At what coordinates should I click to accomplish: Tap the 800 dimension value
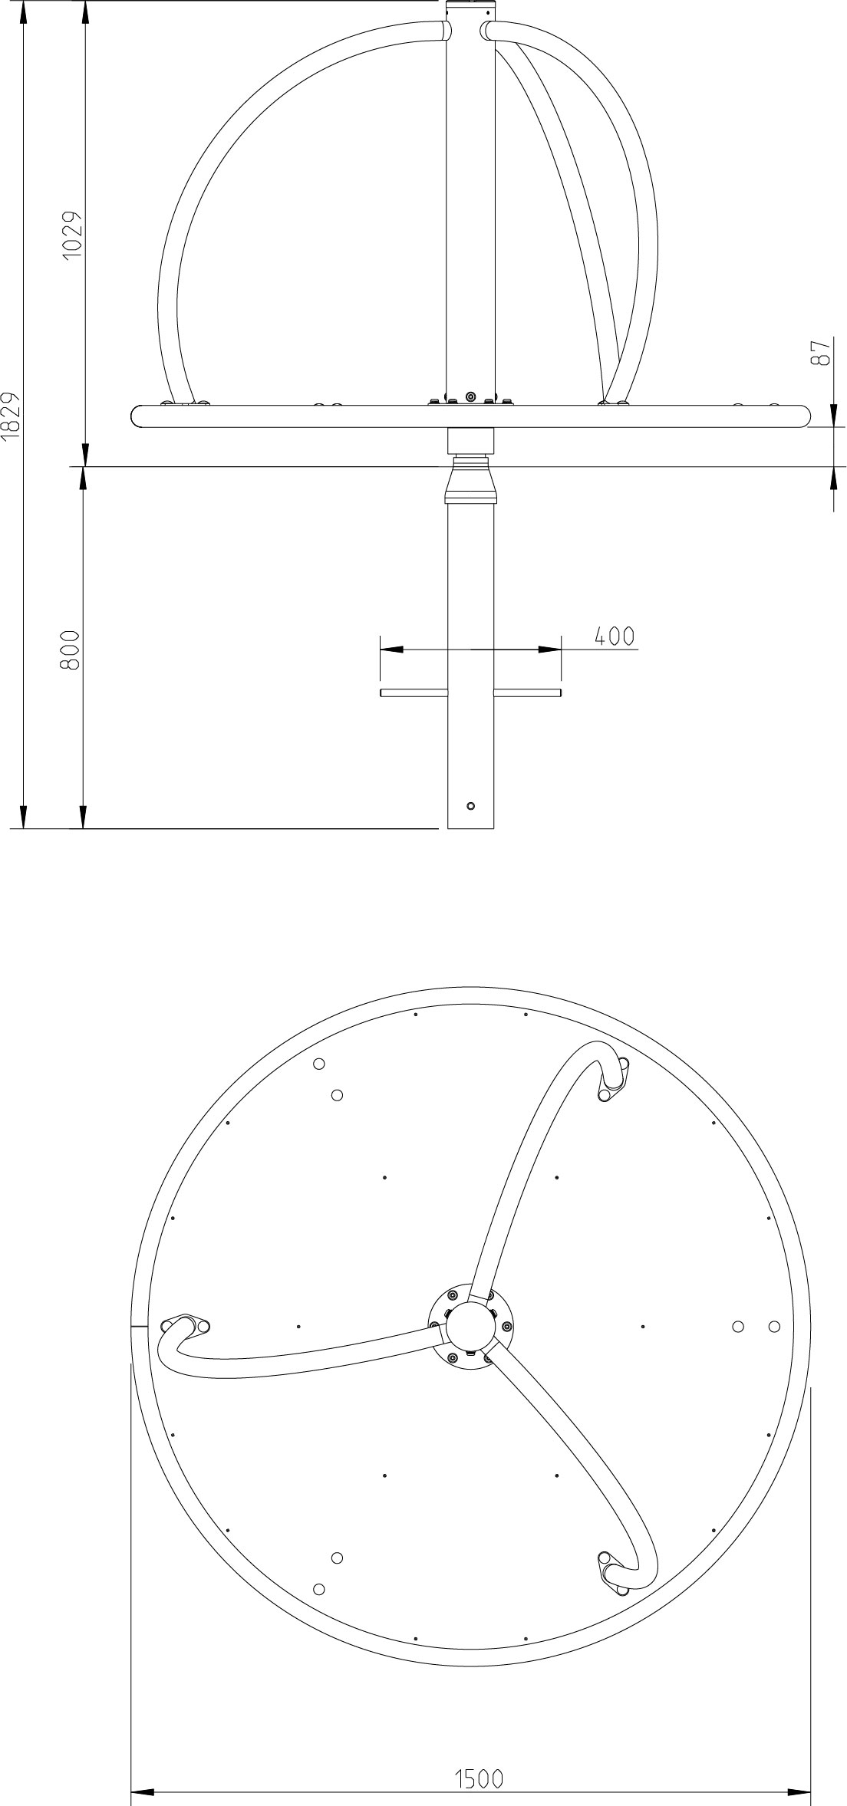[x=70, y=651]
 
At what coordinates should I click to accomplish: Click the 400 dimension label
[x=615, y=636]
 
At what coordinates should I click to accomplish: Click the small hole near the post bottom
[x=471, y=806]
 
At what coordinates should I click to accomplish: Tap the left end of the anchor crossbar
[x=382, y=693]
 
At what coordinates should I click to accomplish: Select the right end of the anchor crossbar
[x=559, y=693]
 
